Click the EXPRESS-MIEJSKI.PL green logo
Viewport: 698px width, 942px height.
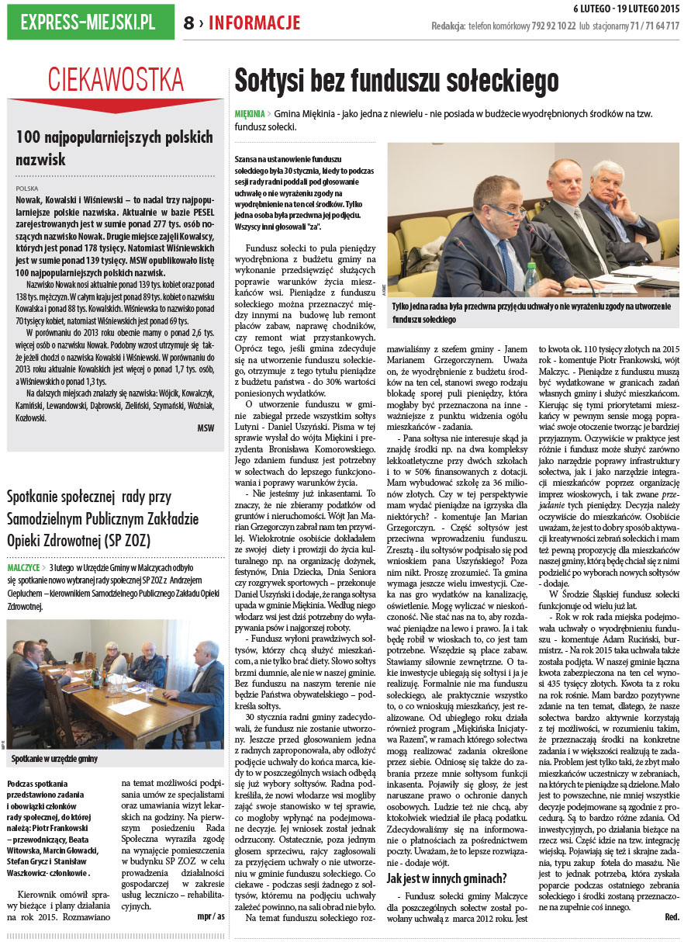[x=90, y=23]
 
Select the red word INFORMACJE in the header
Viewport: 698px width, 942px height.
[x=254, y=23]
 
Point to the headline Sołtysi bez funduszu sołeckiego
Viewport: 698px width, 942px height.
[x=396, y=81]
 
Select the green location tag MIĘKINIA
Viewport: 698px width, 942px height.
[x=249, y=113]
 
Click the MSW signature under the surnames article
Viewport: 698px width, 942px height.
[x=206, y=428]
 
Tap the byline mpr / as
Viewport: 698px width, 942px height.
[x=210, y=916]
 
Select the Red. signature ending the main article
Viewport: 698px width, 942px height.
[x=672, y=916]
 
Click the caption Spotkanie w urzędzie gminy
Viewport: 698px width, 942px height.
[x=54, y=758]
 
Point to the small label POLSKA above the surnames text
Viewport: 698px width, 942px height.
[x=27, y=188]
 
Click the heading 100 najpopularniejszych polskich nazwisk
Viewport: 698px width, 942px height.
[x=114, y=148]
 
